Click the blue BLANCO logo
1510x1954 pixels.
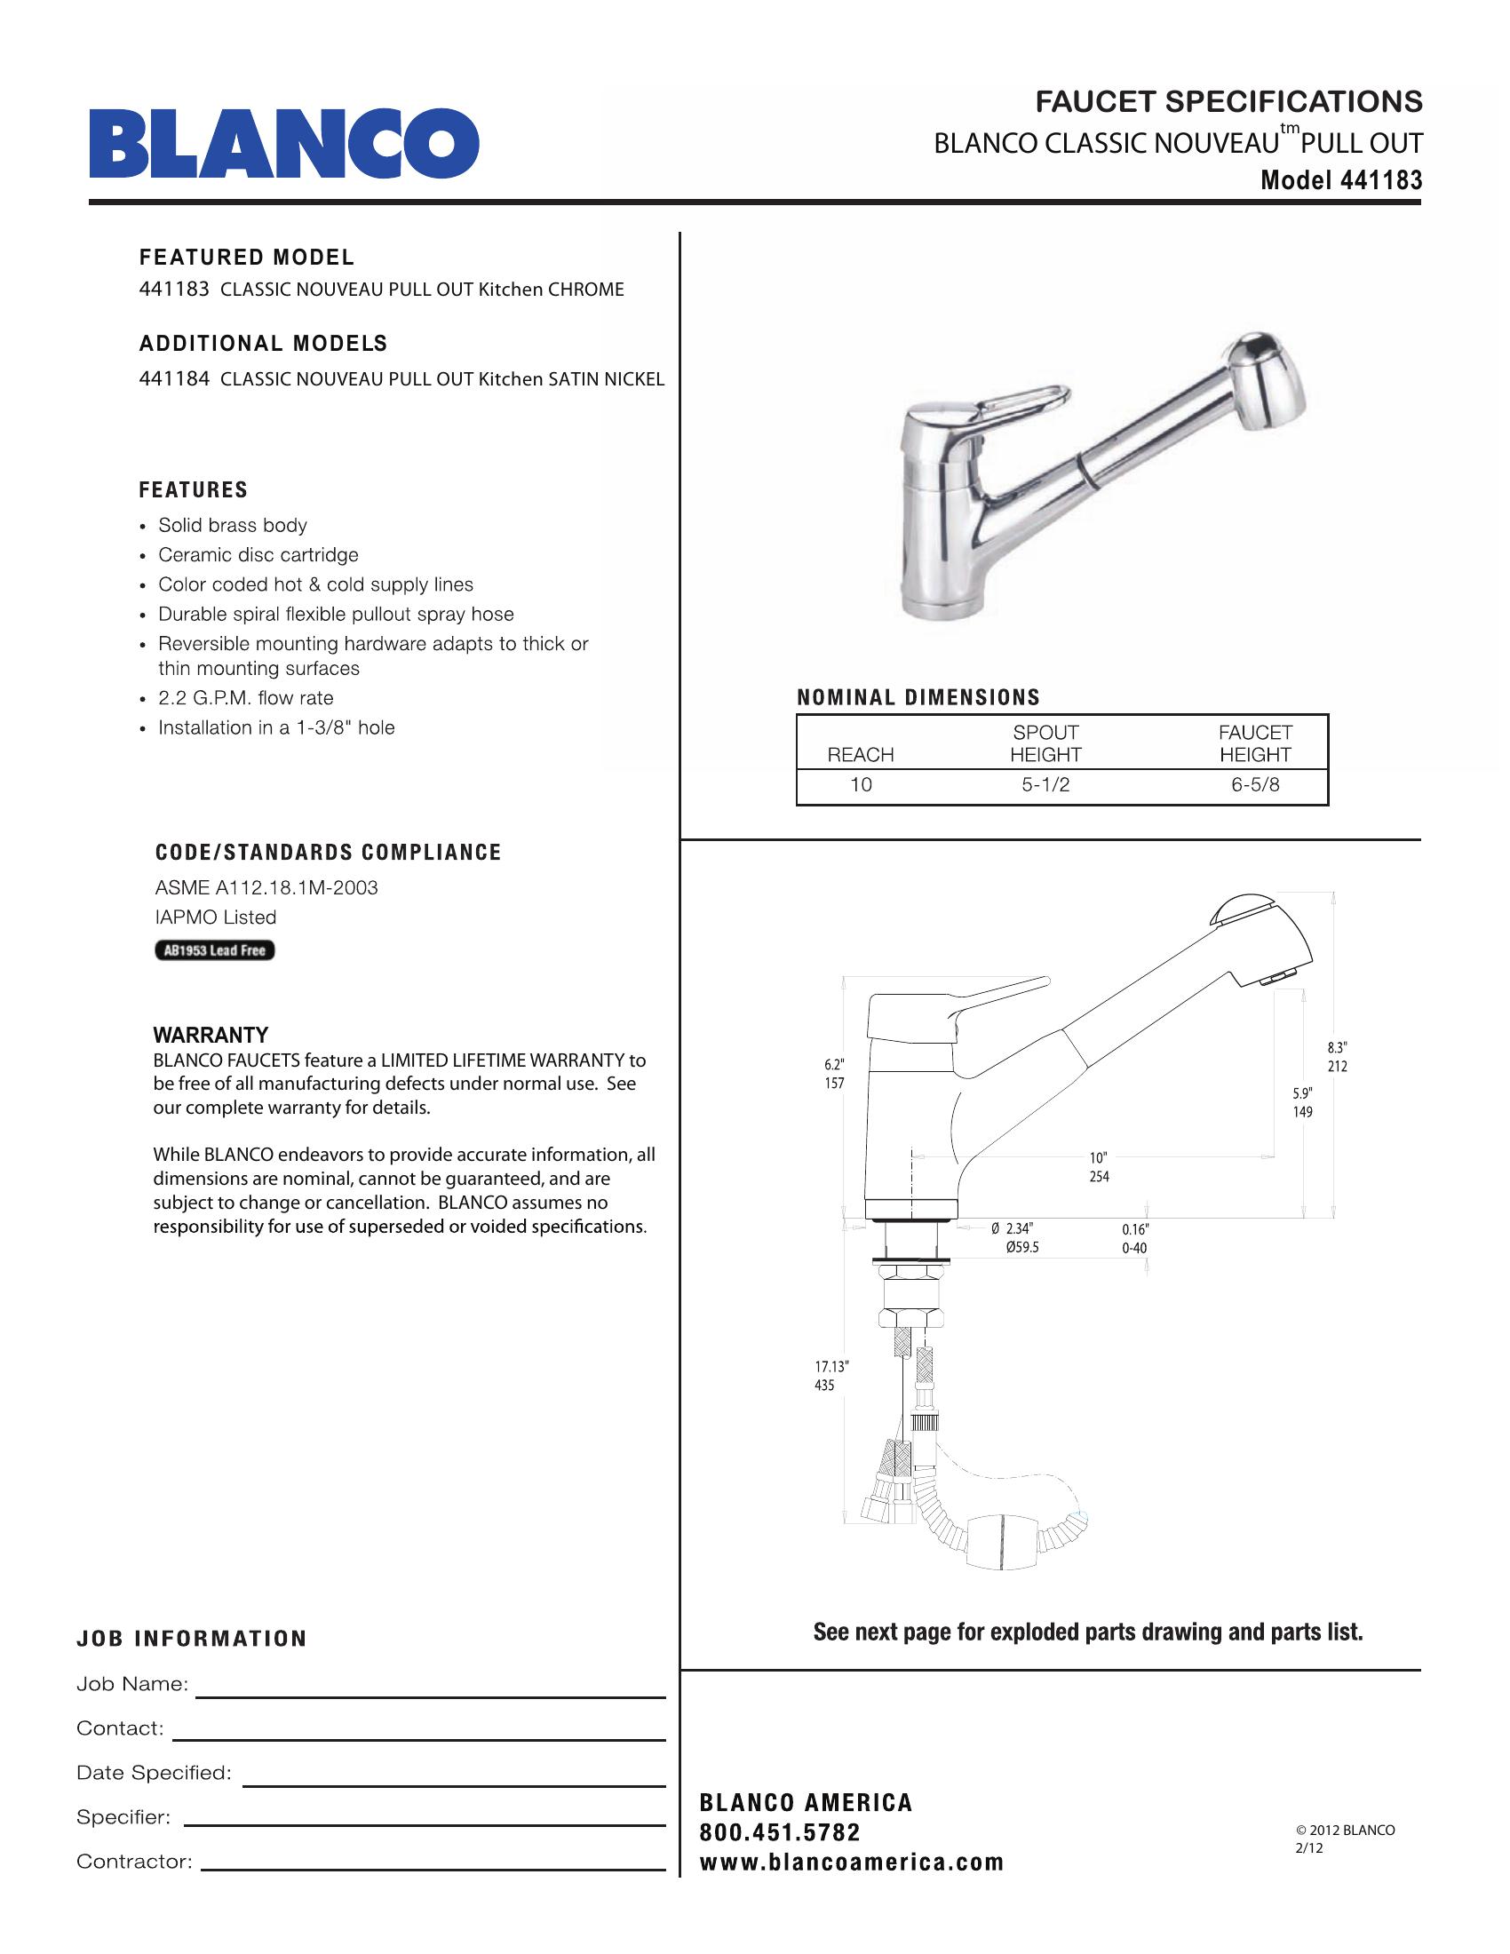[283, 143]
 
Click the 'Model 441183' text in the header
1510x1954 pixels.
[1340, 180]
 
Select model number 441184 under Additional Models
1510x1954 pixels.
[173, 378]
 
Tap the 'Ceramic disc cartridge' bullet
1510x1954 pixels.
[258, 555]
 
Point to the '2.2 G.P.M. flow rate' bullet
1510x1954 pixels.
[245, 698]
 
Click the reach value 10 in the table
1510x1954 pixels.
[861, 784]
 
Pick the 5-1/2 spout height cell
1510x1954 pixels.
[1045, 784]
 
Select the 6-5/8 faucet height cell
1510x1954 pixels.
[1254, 784]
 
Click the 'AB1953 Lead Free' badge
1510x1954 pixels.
[215, 950]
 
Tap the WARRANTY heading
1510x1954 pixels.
[211, 1035]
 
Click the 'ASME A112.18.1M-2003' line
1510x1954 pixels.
[266, 887]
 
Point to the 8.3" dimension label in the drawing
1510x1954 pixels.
[1337, 1047]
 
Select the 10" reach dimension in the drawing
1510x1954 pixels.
[1099, 1157]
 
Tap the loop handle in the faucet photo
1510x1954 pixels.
[1029, 398]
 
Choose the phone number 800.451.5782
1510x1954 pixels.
[779, 1833]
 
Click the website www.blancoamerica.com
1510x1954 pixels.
[852, 1863]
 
